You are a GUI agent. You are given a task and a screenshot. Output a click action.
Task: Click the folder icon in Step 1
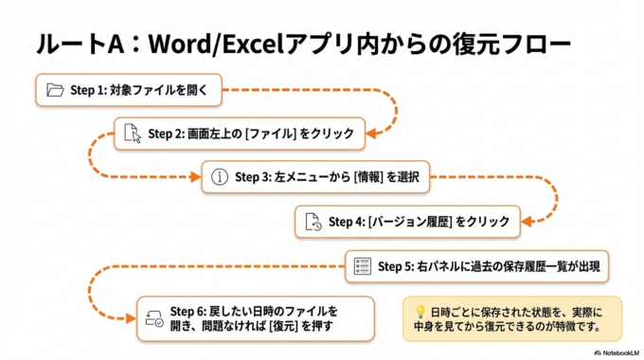click(x=54, y=91)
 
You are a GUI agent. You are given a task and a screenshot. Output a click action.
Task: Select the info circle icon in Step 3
click(x=220, y=176)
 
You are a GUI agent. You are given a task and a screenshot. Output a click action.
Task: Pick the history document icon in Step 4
click(x=313, y=222)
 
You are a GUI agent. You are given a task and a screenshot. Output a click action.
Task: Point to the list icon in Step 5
click(x=361, y=266)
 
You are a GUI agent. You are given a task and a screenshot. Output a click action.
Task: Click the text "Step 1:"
click(x=90, y=91)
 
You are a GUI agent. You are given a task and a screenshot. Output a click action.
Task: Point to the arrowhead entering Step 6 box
click(x=132, y=318)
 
